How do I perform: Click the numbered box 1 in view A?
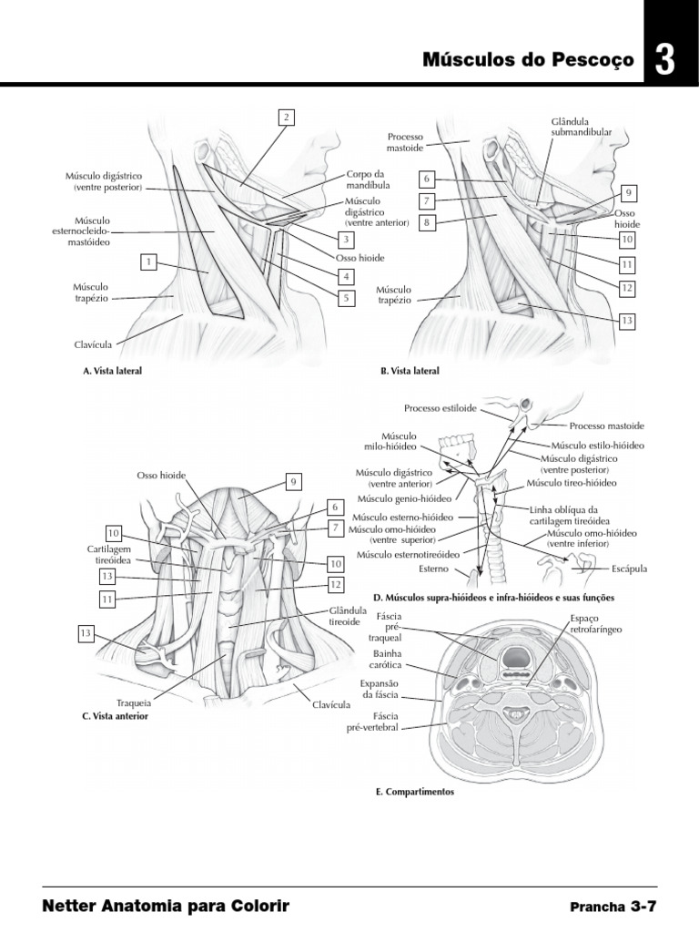[147, 262]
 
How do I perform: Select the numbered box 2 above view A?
[286, 117]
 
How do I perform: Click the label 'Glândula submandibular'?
[581, 126]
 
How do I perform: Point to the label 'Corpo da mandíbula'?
[366, 179]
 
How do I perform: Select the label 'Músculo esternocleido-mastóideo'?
[92, 231]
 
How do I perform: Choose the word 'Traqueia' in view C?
[133, 703]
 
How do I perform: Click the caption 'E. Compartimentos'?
[414, 792]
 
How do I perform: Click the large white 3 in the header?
[665, 60]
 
